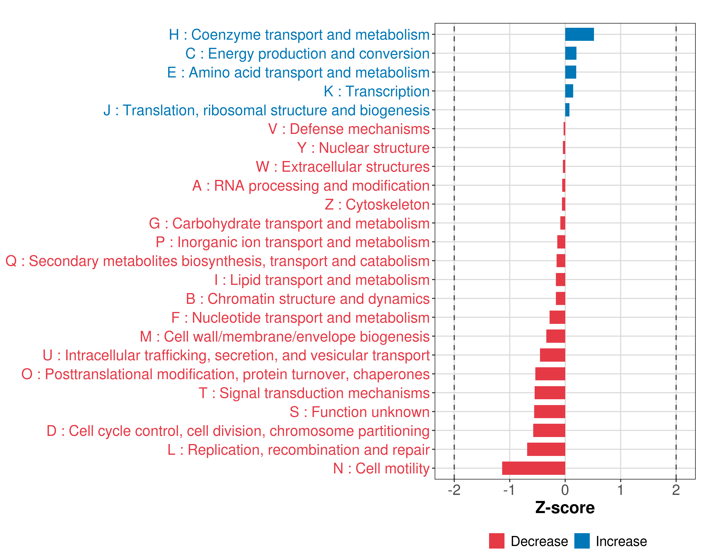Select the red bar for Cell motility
coord(533,468)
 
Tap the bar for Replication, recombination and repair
coord(546,449)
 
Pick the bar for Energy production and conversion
coord(571,53)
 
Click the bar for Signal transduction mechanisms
coord(550,393)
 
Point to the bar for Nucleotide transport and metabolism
coord(557,317)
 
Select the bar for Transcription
coord(569,91)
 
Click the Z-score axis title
coord(565,508)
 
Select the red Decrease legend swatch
coord(497,541)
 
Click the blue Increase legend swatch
coord(582,541)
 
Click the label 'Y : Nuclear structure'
coord(363,148)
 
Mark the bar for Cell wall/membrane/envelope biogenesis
coord(555,336)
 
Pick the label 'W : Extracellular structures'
coord(343,167)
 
